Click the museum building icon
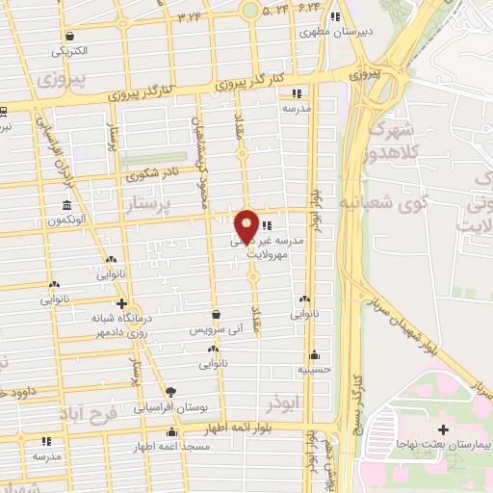pyautogui.click(x=66, y=205)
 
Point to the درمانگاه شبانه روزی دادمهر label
pyautogui.click(x=95, y=324)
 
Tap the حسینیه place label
pyautogui.click(x=313, y=368)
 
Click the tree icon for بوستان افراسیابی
pyautogui.click(x=170, y=392)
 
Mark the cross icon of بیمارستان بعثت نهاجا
pyautogui.click(x=442, y=428)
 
